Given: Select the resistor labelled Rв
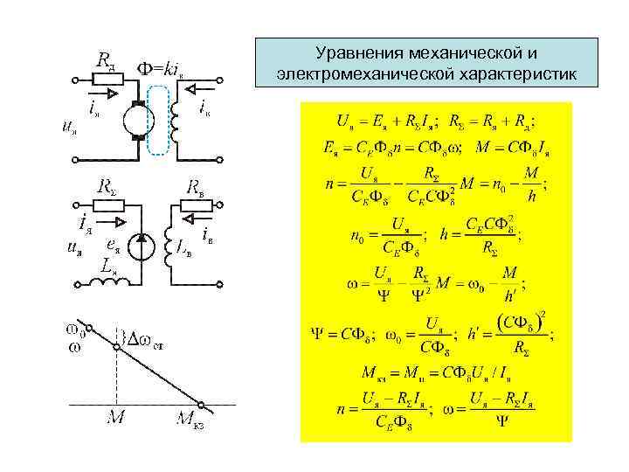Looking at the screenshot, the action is [x=196, y=207].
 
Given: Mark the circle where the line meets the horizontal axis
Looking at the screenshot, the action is [x=201, y=404].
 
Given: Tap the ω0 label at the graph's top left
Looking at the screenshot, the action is [x=76, y=330].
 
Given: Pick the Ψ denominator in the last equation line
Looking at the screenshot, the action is [x=501, y=421].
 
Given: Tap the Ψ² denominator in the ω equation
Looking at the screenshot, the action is [x=422, y=295].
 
